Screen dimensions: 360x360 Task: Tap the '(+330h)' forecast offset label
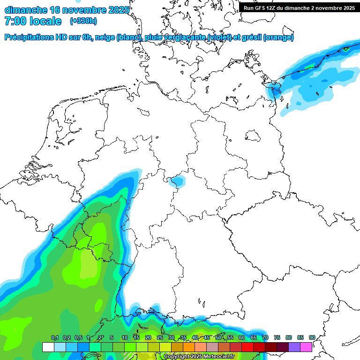coord(83,21)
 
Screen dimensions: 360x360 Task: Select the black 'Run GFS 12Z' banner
coord(299,8)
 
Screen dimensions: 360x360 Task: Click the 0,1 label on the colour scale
coord(54,338)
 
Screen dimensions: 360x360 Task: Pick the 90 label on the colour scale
coord(312,338)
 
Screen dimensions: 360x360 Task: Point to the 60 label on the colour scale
coord(242,338)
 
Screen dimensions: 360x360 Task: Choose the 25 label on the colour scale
coord(160,338)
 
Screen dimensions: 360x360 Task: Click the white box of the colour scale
coord(48,347)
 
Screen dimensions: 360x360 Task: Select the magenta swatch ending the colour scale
coord(306,347)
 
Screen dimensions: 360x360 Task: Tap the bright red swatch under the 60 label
coord(247,347)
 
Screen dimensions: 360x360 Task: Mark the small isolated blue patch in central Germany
coord(177,181)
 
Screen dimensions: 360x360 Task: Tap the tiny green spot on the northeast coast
coord(346,48)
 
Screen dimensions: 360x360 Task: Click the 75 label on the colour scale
coord(277,338)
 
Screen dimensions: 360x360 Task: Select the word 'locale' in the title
coord(46,21)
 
